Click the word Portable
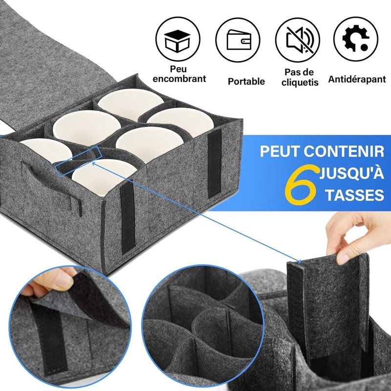[x=246, y=81]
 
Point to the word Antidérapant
[x=357, y=79]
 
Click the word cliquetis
[x=300, y=83]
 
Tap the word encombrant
[x=179, y=78]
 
